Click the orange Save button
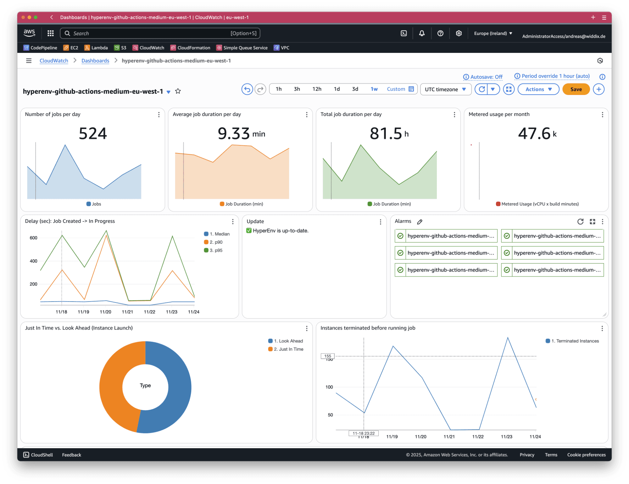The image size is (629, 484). (x=576, y=89)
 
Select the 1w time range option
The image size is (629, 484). (x=374, y=89)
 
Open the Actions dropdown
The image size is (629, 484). (x=538, y=89)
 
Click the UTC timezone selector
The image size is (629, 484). (x=445, y=89)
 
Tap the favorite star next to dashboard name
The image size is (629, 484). (x=178, y=91)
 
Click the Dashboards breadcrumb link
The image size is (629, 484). (x=95, y=61)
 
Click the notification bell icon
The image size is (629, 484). (x=422, y=33)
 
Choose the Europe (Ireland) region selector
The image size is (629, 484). (x=493, y=33)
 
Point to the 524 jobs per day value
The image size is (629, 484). (x=93, y=133)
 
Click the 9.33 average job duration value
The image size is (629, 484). (x=234, y=133)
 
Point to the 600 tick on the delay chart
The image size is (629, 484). (x=34, y=238)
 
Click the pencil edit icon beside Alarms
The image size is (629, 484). (x=420, y=222)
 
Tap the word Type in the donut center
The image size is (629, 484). (x=145, y=386)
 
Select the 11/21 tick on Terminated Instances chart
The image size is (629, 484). (x=449, y=437)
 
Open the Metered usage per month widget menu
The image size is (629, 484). (x=602, y=115)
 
